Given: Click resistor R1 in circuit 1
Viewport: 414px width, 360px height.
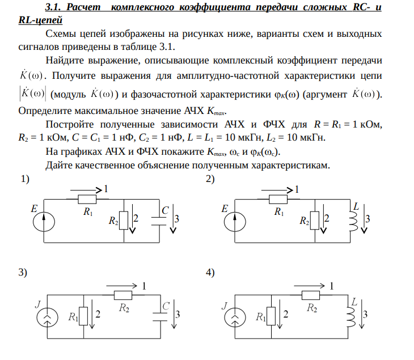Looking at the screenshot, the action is click(x=87, y=200).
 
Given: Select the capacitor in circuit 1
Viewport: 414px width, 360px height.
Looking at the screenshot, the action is click(x=159, y=221).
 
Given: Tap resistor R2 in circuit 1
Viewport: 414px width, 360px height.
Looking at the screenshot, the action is click(x=124, y=221).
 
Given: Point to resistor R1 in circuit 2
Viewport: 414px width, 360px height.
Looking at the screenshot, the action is click(x=278, y=200).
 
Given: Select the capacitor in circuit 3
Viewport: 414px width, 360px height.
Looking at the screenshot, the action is click(x=160, y=317).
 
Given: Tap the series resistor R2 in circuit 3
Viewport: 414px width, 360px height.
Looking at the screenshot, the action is click(x=123, y=295).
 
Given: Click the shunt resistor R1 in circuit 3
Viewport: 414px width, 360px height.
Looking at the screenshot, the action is click(x=83, y=316).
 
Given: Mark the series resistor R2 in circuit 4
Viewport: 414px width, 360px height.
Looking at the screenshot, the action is click(x=311, y=295).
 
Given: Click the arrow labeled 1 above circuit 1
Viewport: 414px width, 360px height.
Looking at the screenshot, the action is click(x=86, y=190).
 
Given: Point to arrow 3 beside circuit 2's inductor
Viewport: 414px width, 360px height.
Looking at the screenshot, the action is click(x=364, y=218).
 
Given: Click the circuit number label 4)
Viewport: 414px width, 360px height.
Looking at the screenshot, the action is click(x=210, y=272).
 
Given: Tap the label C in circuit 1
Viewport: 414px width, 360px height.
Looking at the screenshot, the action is click(x=165, y=210).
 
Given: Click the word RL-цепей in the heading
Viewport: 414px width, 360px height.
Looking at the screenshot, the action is click(x=40, y=20).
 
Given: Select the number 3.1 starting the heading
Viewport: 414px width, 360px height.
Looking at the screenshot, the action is click(x=53, y=7).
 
